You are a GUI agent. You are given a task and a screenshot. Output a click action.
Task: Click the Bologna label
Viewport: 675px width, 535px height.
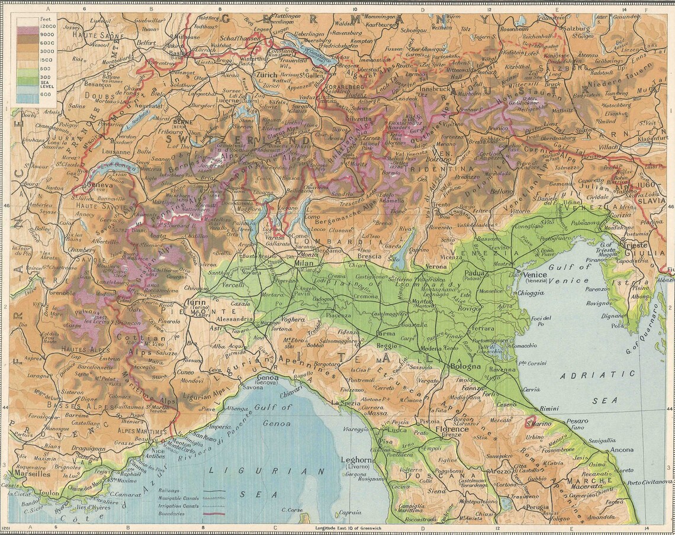tap(466, 367)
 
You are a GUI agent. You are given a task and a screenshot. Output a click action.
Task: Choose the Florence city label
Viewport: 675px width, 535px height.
tap(452, 429)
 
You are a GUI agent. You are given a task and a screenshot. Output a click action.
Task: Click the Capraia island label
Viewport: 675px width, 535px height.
tap(351, 513)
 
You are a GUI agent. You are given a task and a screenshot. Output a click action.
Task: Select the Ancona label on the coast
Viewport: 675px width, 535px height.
tap(622, 450)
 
